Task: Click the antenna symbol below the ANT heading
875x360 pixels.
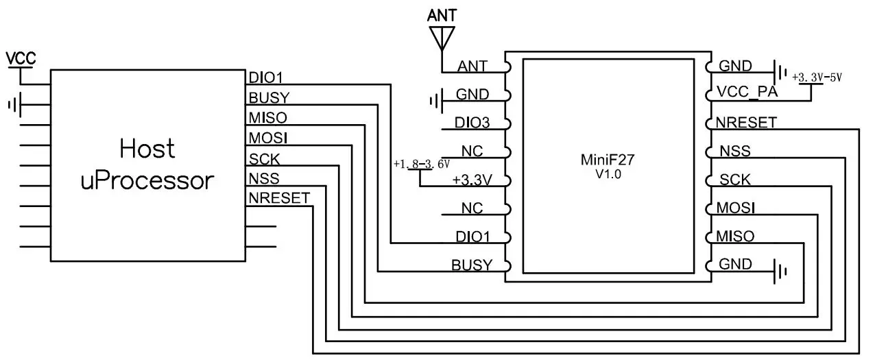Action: [x=442, y=38]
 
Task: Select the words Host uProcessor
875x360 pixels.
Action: [x=147, y=165]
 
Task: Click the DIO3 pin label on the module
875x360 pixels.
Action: [x=472, y=123]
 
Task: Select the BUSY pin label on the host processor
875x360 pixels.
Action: [x=269, y=97]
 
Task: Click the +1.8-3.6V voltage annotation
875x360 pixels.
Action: [x=421, y=165]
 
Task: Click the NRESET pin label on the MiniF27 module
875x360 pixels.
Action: [x=746, y=123]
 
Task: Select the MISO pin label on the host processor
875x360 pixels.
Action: [x=268, y=117]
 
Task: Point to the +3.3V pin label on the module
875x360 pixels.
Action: [x=472, y=180]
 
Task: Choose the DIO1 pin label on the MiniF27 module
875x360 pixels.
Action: [x=472, y=237]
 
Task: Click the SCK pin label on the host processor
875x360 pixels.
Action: [x=264, y=158]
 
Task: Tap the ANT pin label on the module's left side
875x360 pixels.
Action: [x=472, y=67]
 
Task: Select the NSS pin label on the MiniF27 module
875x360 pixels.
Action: [x=734, y=151]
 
